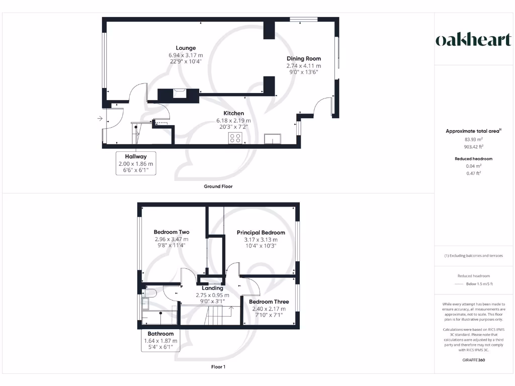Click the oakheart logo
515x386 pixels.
[x=473, y=40]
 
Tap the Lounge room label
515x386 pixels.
[x=186, y=48]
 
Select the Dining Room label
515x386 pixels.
[x=304, y=59]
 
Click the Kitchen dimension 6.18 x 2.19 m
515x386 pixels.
[x=233, y=121]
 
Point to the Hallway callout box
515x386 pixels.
[x=136, y=163]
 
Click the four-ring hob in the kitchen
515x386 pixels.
[x=235, y=138]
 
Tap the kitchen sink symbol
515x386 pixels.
[x=273, y=138]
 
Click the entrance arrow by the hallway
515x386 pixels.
[x=101, y=119]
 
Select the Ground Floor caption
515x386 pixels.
[x=218, y=186]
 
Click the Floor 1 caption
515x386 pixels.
[x=218, y=367]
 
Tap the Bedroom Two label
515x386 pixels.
[x=171, y=232]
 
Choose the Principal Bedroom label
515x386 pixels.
[x=261, y=233]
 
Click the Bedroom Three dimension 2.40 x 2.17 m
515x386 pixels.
[x=269, y=309]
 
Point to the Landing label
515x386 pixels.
[x=209, y=288]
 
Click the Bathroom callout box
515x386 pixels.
[x=160, y=340]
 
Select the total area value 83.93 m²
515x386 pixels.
[x=473, y=140]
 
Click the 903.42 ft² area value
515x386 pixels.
[x=473, y=147]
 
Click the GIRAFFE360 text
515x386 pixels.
[x=473, y=360]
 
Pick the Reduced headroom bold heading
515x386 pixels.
[x=473, y=159]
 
